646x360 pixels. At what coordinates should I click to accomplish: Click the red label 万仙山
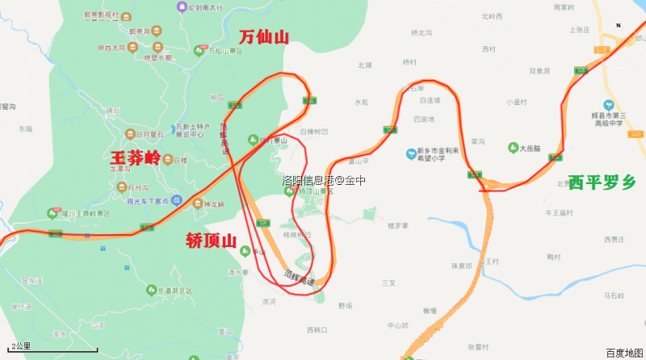264,36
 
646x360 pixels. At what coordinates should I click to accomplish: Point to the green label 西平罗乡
602,182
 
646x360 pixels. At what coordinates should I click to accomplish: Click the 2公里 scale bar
52,350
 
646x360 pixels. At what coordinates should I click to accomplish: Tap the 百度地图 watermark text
624,353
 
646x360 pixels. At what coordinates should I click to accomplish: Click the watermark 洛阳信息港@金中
323,181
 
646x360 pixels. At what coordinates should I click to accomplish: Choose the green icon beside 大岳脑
512,148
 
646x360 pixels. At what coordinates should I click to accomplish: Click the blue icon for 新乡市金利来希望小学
411,153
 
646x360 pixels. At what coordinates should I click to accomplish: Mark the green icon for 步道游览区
149,289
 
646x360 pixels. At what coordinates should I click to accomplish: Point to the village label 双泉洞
539,71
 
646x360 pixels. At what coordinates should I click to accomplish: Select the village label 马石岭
614,297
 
